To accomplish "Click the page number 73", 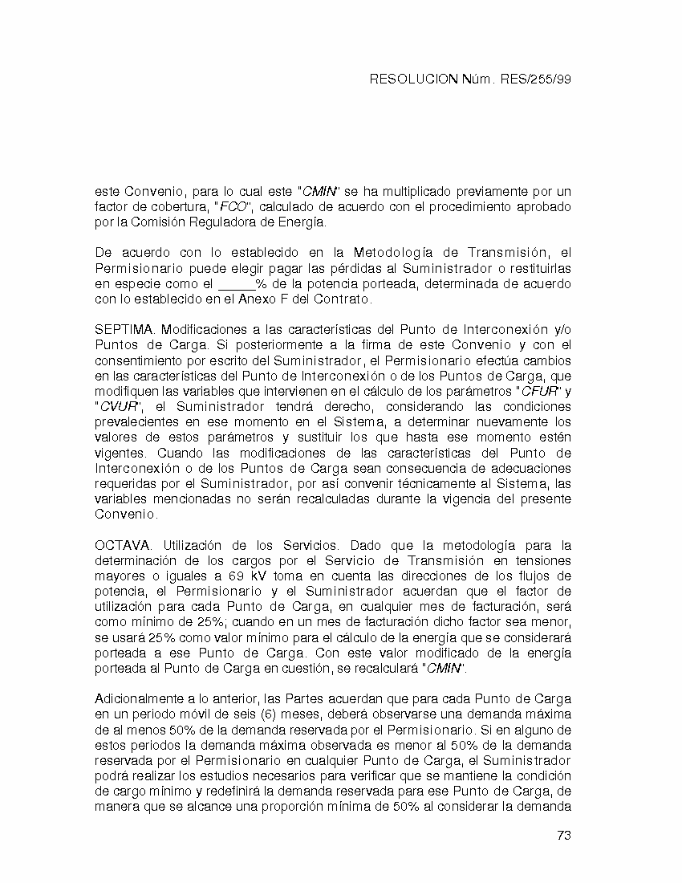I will [563, 836].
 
